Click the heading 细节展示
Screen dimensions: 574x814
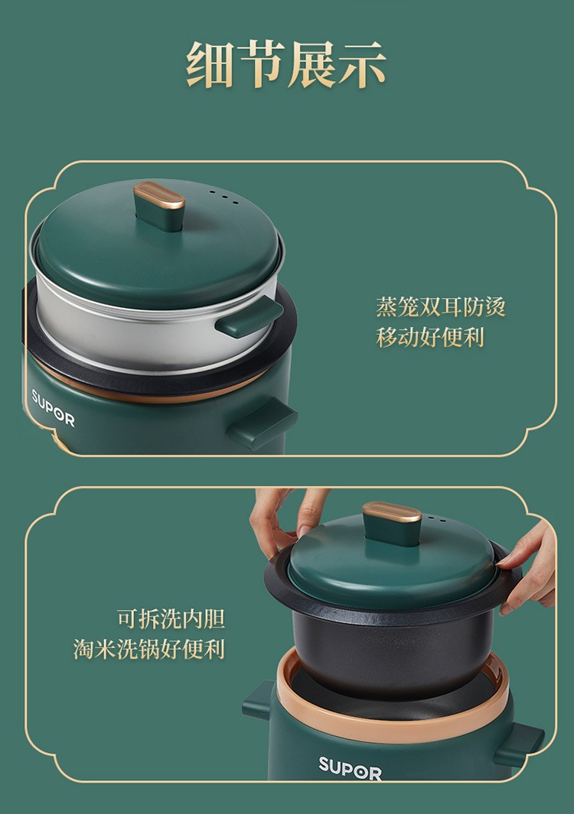point(286,65)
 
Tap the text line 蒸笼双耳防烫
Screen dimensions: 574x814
point(441,306)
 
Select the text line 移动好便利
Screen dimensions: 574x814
point(430,337)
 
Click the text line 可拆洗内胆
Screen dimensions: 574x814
point(171,619)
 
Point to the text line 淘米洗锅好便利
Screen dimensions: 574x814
point(148,649)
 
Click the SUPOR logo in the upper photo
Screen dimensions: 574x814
point(53,407)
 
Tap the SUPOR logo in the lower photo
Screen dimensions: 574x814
point(350,768)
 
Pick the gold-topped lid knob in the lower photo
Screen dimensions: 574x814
point(392,524)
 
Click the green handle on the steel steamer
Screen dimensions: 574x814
point(249,317)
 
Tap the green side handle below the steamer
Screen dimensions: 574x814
point(263,423)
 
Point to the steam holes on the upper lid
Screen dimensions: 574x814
point(223,197)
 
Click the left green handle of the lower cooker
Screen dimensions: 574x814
point(259,701)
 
